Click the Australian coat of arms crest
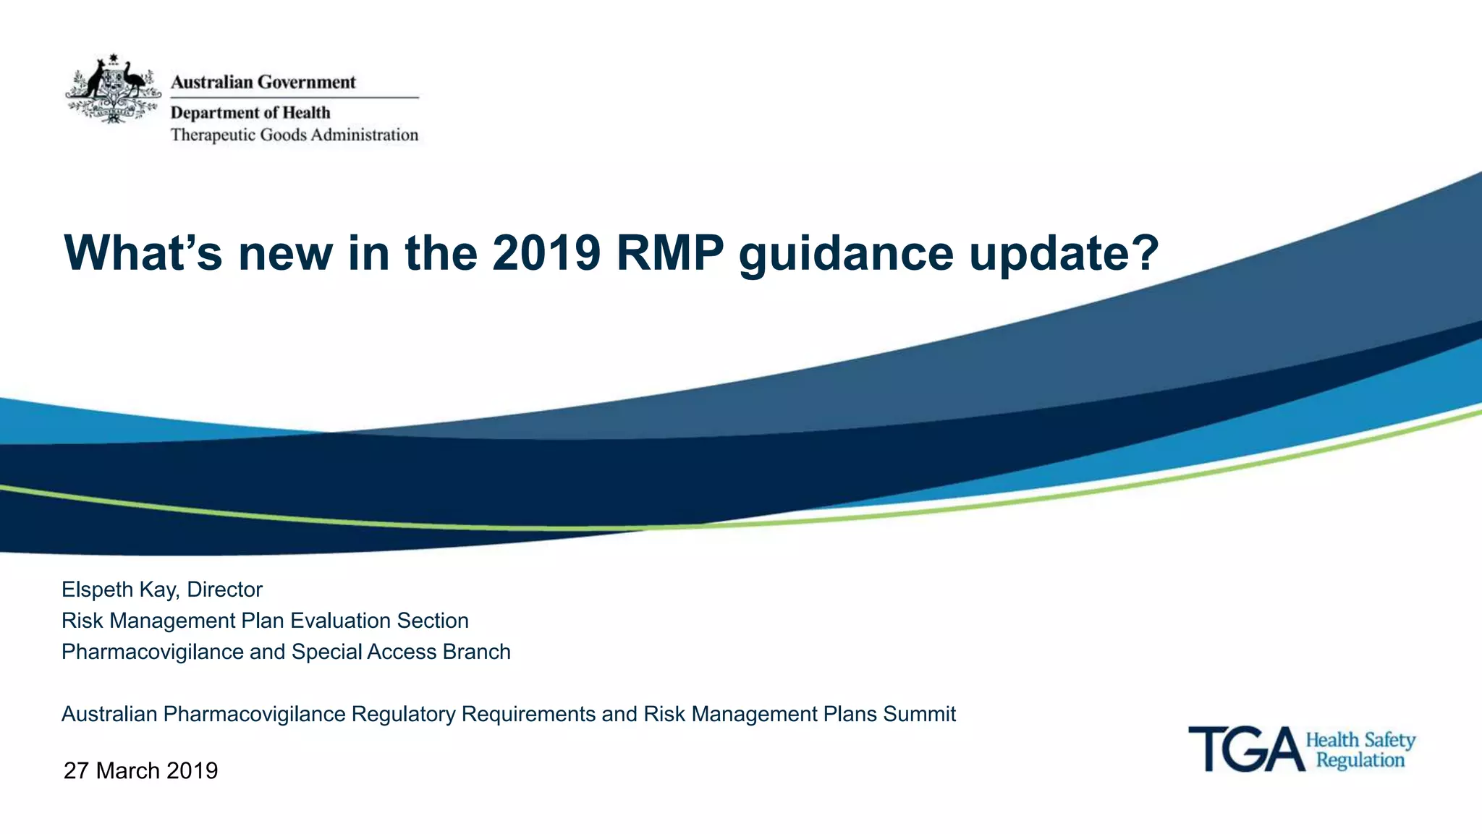(x=113, y=88)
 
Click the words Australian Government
(x=263, y=82)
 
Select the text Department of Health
(x=250, y=112)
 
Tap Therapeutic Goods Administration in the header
(x=294, y=135)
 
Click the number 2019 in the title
(x=546, y=253)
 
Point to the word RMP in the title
(x=669, y=253)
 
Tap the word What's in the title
(x=143, y=253)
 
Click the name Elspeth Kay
(x=118, y=590)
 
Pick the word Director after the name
(x=224, y=590)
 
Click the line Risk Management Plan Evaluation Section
(x=265, y=621)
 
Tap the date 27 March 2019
(x=140, y=770)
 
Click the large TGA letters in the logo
(x=1246, y=749)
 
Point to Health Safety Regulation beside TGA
(x=1360, y=749)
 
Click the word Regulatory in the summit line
(x=403, y=714)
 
